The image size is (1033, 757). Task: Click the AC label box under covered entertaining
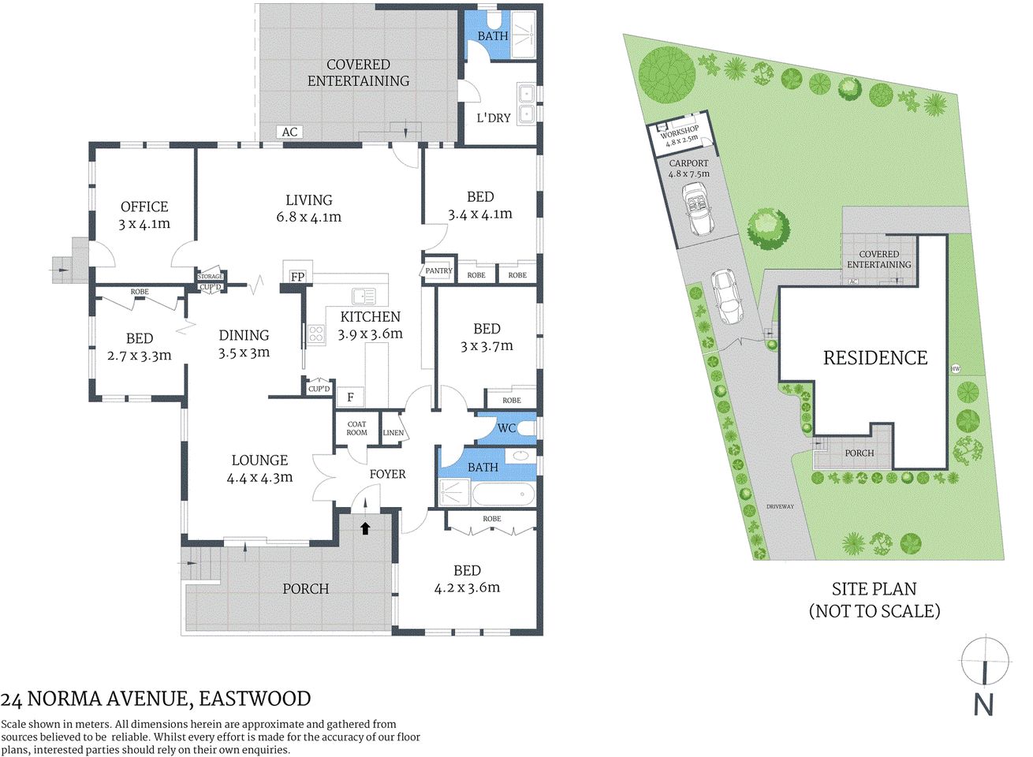(289, 132)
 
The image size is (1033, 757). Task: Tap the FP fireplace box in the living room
(297, 276)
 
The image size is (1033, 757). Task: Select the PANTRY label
(438, 270)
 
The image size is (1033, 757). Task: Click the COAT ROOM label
(356, 428)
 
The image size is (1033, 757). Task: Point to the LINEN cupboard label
(393, 433)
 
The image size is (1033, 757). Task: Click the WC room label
(506, 428)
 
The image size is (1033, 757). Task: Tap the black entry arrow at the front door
(365, 528)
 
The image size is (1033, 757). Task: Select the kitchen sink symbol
(364, 296)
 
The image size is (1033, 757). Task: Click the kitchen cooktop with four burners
(315, 334)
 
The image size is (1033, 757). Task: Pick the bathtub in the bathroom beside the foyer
(503, 495)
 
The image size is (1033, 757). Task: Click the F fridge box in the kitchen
(350, 397)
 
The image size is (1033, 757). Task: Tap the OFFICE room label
(144, 207)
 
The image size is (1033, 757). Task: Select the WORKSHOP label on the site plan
(679, 132)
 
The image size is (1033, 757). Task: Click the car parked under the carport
(700, 209)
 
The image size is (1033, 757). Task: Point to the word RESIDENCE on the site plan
(875, 358)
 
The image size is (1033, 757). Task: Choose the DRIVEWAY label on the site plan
(780, 506)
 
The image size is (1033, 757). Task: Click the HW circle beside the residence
(956, 368)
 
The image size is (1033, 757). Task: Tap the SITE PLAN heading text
(874, 589)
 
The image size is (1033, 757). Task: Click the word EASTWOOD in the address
(255, 699)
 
